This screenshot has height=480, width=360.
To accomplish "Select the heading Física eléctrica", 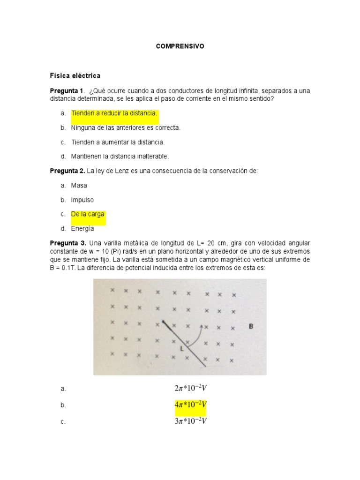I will (x=75, y=75).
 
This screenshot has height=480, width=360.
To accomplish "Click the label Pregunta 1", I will (x=66, y=90).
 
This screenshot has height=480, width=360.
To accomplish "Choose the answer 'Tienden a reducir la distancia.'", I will (x=114, y=113).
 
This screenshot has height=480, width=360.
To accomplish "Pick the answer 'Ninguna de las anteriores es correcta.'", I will (x=126, y=127).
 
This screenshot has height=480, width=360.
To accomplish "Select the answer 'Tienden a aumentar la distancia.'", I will (x=118, y=142).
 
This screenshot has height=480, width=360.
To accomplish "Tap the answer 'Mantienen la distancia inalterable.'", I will (x=120, y=156).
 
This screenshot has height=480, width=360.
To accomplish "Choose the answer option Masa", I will (x=79, y=186).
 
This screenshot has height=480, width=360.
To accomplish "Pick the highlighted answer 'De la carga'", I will (x=88, y=214).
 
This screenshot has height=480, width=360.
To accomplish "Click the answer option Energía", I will (x=82, y=229).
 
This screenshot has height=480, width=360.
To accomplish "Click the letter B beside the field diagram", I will (x=251, y=326).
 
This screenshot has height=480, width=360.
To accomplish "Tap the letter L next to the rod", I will (x=181, y=349).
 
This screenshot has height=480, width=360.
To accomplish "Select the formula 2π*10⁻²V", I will (x=190, y=388).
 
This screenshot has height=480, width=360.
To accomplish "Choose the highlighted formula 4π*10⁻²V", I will (x=190, y=405).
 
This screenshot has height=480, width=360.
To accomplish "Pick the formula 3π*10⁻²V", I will (x=190, y=421).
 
